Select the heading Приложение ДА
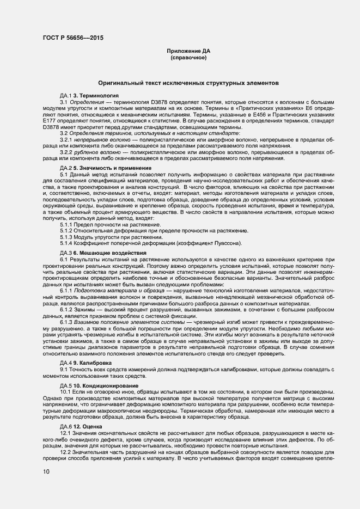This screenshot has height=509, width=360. (188, 51)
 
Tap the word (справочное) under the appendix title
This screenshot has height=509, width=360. (188, 57)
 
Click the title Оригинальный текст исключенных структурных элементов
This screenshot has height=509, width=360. (188, 83)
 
